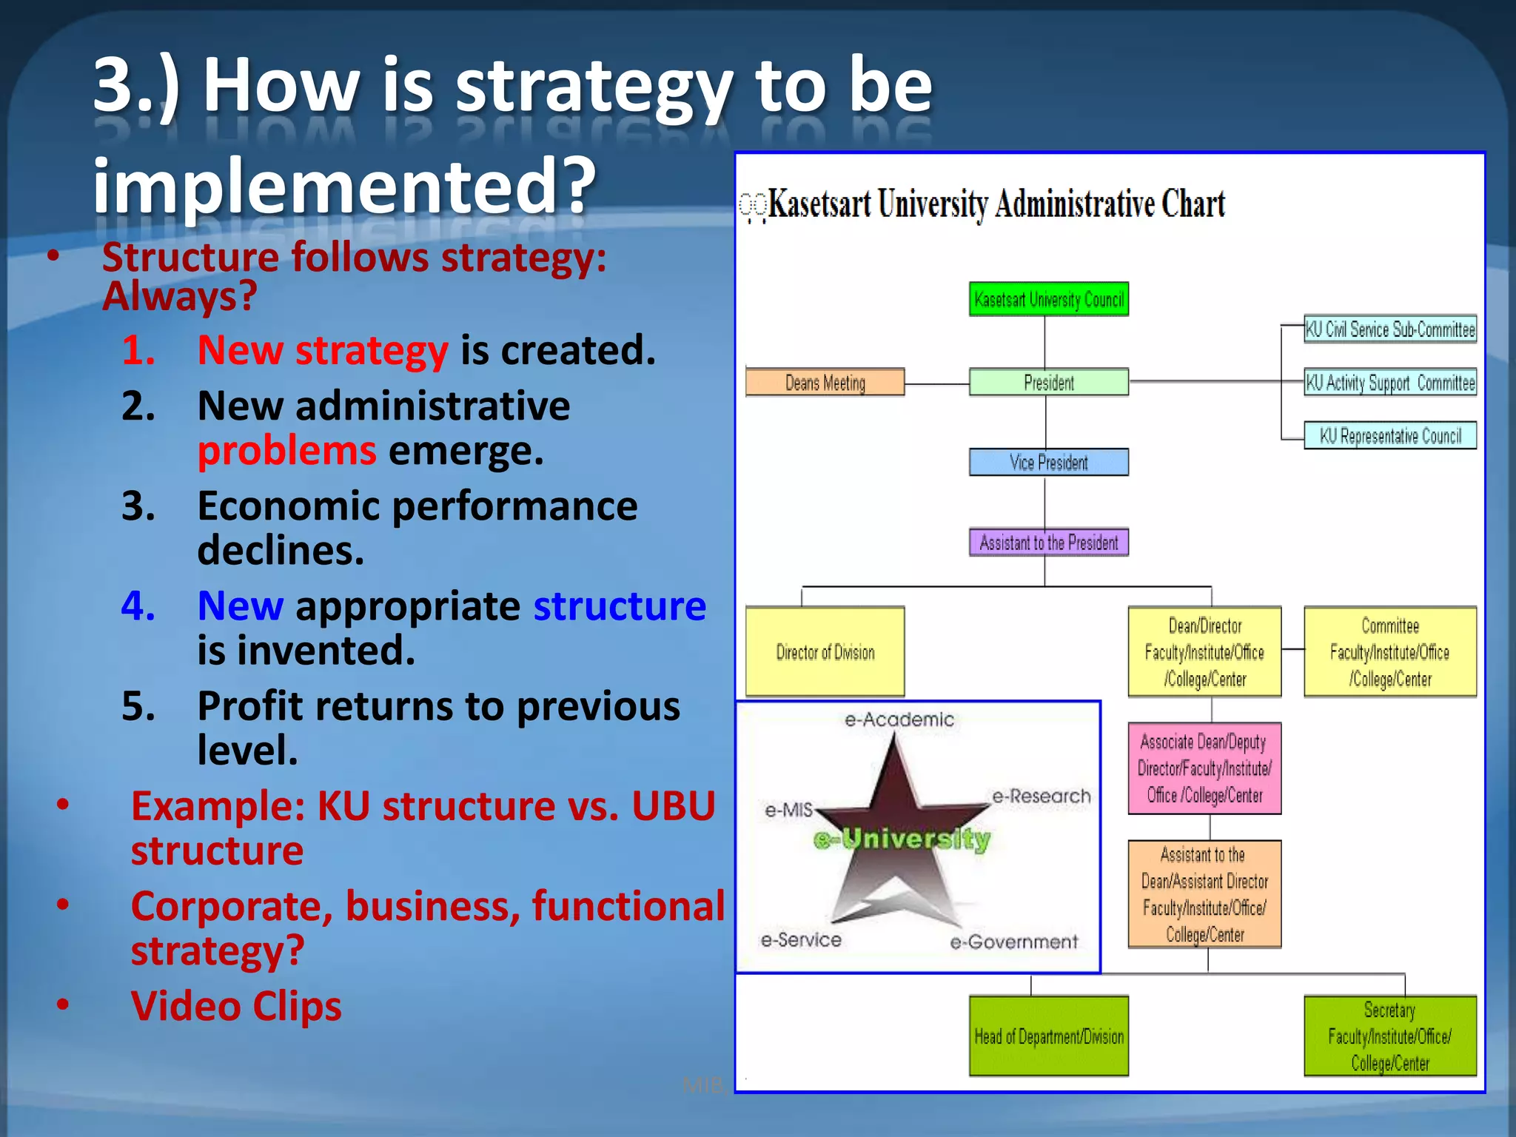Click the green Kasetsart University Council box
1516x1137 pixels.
[x=1048, y=299]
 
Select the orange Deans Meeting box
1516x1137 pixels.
[x=825, y=383]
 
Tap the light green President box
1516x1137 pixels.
[x=1048, y=383]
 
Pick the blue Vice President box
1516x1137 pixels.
[x=1048, y=463]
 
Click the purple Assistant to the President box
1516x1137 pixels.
[x=1048, y=543]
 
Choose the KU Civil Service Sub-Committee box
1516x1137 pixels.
[x=1389, y=329]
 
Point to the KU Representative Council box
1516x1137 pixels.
[x=1389, y=436]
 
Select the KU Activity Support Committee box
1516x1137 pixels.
[x=1389, y=383]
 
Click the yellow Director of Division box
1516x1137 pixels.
[x=825, y=652]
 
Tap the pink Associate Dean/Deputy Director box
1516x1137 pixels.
[x=1204, y=768]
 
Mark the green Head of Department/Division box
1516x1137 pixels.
[x=1048, y=1036]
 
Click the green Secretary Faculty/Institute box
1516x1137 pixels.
[x=1389, y=1036]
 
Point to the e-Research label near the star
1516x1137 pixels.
[x=1041, y=796]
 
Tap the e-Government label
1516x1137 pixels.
[x=1013, y=942]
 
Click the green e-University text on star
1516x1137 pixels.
[x=902, y=839]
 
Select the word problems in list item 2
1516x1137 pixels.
[x=287, y=451]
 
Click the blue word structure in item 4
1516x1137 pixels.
[x=620, y=606]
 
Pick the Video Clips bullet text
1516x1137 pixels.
[x=236, y=1006]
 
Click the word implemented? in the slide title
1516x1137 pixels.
[x=344, y=185]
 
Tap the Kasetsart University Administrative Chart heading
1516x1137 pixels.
[x=996, y=204]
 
